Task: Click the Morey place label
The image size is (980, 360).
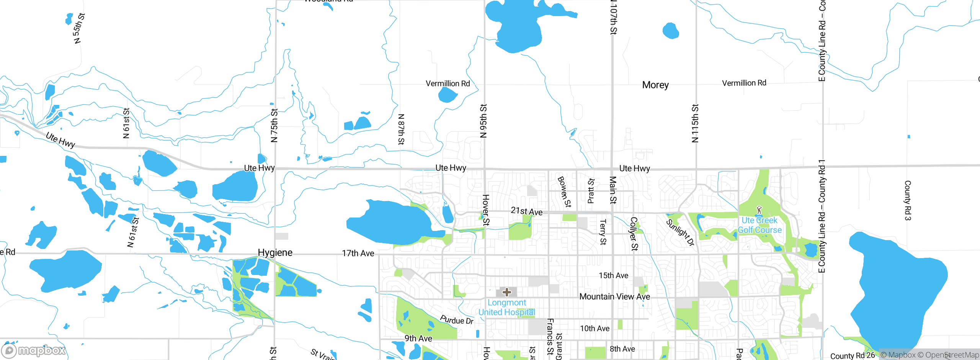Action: pyautogui.click(x=655, y=85)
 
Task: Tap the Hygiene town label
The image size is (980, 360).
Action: pyautogui.click(x=275, y=253)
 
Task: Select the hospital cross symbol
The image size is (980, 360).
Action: pyautogui.click(x=506, y=293)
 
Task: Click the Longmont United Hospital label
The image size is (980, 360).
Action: pyautogui.click(x=506, y=308)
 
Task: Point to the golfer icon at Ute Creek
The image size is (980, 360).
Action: pyautogui.click(x=759, y=210)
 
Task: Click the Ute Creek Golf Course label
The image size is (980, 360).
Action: pyautogui.click(x=759, y=225)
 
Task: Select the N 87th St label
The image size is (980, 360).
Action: pyautogui.click(x=401, y=129)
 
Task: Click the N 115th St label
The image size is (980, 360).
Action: pyautogui.click(x=695, y=123)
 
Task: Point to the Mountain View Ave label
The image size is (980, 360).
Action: pyautogui.click(x=614, y=296)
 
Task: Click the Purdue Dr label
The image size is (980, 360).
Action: pyautogui.click(x=457, y=320)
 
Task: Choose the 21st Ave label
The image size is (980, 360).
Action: pyautogui.click(x=526, y=211)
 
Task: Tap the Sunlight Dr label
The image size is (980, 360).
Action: pyautogui.click(x=680, y=232)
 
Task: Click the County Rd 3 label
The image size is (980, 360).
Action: pyautogui.click(x=908, y=200)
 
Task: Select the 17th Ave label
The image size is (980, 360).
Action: pyautogui.click(x=358, y=253)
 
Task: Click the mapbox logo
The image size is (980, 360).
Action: pyautogui.click(x=34, y=350)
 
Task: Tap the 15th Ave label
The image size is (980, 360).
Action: pyautogui.click(x=613, y=275)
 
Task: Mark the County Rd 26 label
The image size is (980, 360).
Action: pyautogui.click(x=852, y=355)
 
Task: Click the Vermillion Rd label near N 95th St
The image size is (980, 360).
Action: pyautogui.click(x=448, y=83)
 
